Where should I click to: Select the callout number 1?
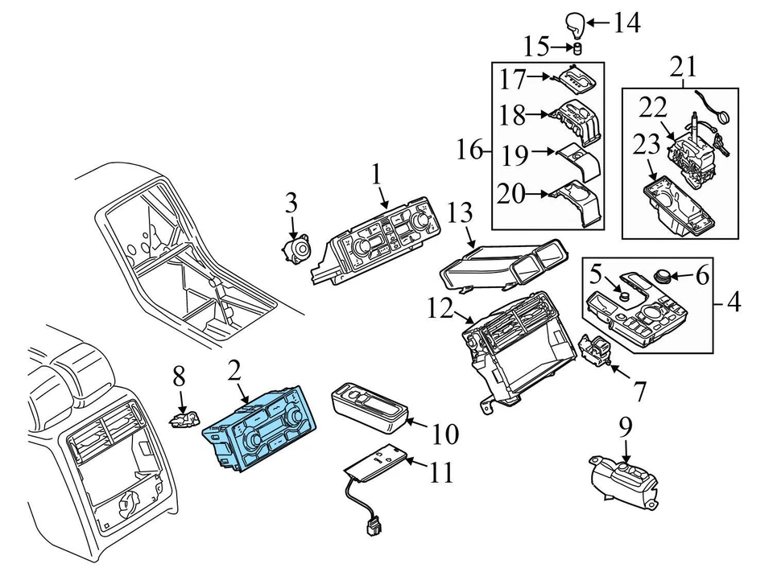(376, 175)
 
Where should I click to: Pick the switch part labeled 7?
(597, 352)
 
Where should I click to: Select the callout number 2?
(234, 371)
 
